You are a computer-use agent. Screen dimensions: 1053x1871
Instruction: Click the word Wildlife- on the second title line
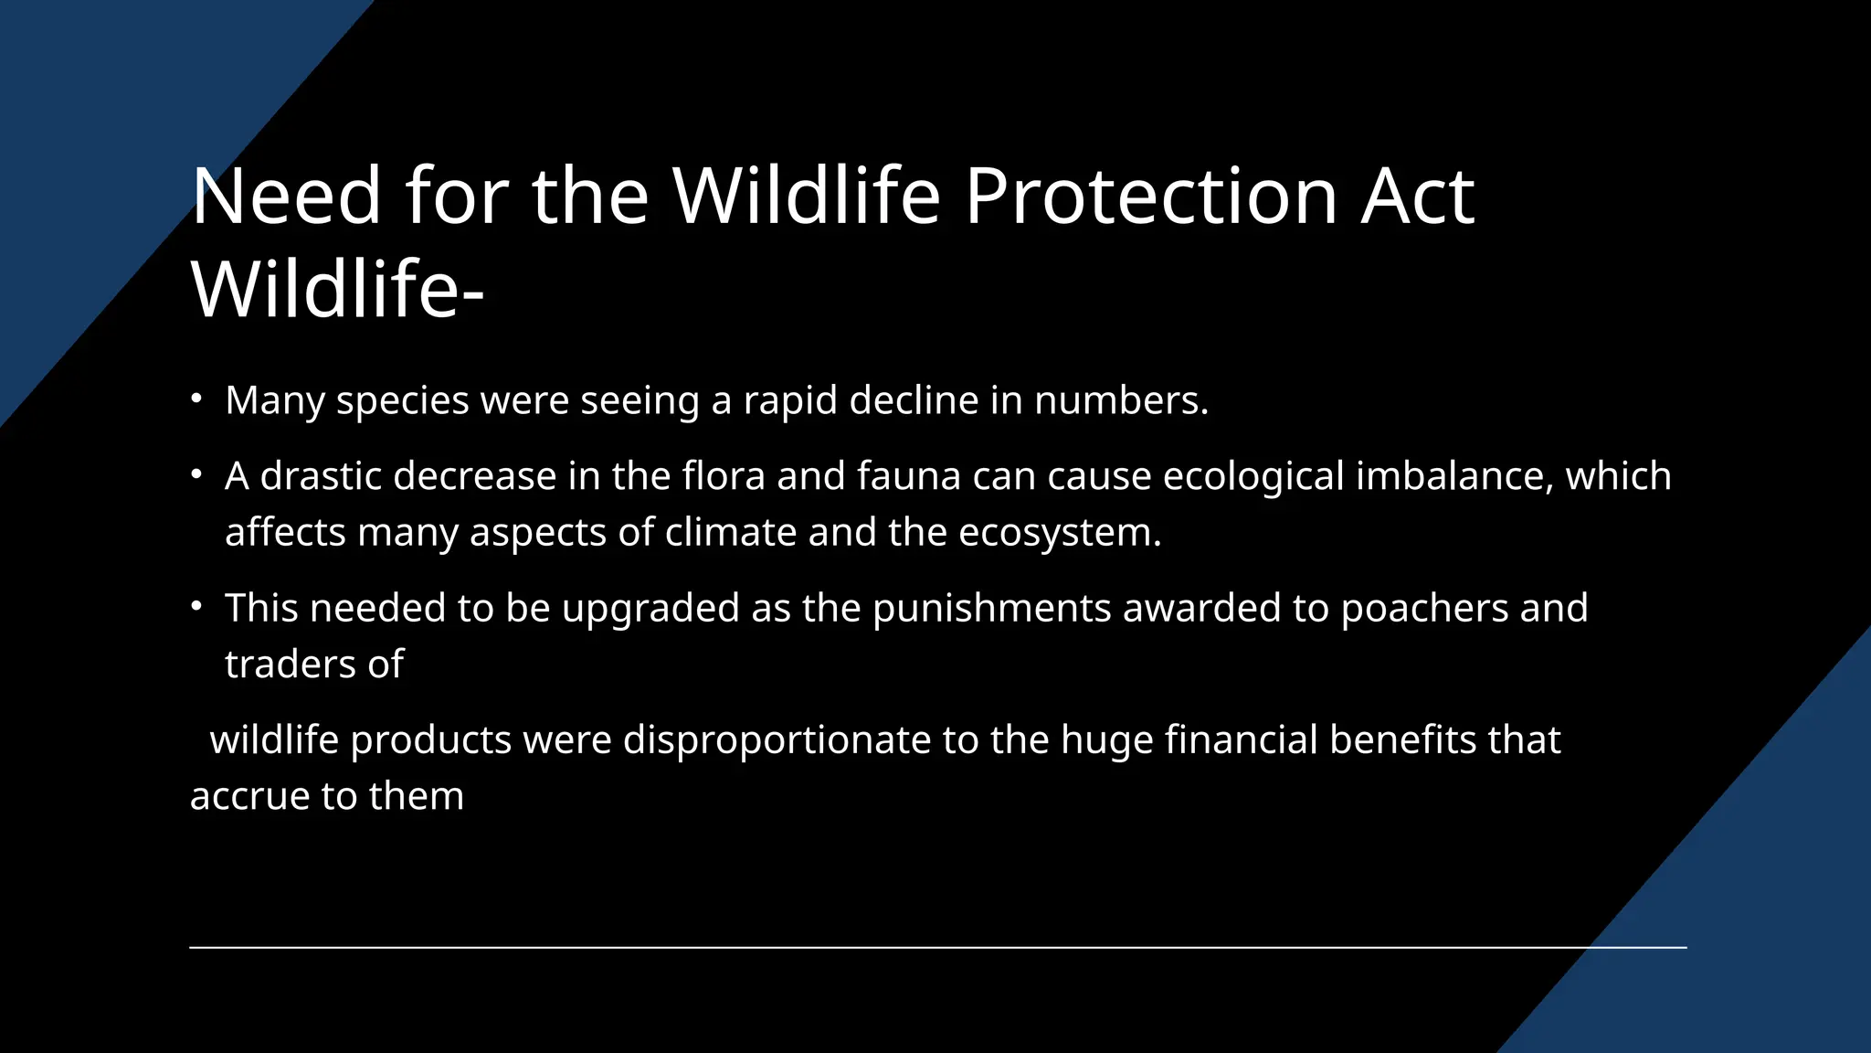pyautogui.click(x=337, y=290)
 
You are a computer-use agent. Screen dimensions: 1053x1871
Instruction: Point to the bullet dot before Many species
pyautogui.click(x=196, y=399)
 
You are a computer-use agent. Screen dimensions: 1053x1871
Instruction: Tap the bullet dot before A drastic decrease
pyautogui.click(x=196, y=474)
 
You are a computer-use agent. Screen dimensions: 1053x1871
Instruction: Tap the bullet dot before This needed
pyautogui.click(x=196, y=606)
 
